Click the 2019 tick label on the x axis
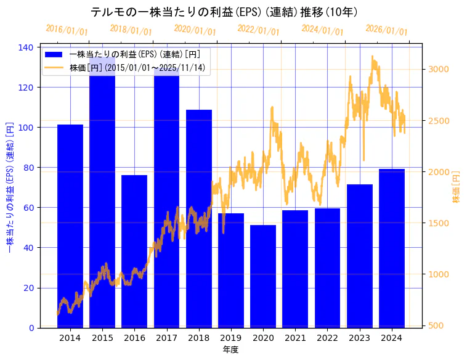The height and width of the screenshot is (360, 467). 231,337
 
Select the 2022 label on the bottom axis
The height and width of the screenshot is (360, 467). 327,337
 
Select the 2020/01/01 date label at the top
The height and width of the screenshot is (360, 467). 195,29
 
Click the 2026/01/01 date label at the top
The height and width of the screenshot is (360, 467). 386,29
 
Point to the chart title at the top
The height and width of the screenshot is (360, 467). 224,12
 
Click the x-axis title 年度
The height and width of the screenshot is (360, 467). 230,350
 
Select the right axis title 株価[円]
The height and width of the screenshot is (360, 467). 457,187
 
